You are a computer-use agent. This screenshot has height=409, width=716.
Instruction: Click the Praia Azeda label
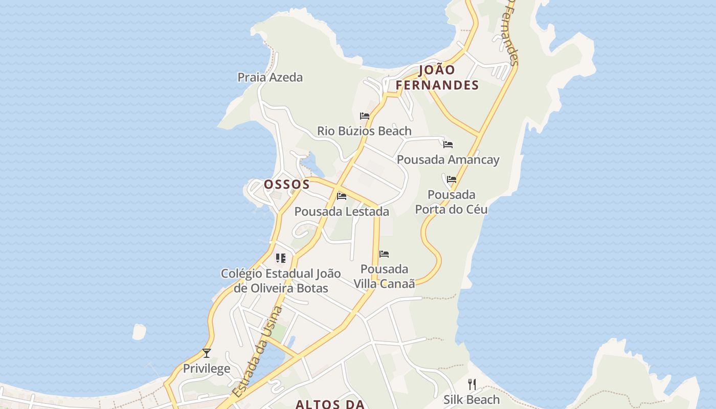tap(270, 77)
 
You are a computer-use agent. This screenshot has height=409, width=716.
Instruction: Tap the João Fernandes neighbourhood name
tap(437, 78)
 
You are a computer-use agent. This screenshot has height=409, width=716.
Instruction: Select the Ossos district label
tap(287, 184)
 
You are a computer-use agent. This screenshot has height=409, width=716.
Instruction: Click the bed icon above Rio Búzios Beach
tap(365, 116)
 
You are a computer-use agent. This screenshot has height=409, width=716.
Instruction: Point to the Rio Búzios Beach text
tap(364, 131)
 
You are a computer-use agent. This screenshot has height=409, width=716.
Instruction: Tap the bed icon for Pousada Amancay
tap(448, 145)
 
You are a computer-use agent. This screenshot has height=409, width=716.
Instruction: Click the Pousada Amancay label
tap(448, 160)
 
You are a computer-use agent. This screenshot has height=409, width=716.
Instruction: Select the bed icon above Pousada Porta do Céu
tap(452, 179)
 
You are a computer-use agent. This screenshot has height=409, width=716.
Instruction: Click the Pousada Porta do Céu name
tap(451, 202)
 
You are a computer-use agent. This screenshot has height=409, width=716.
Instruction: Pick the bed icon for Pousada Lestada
tap(342, 196)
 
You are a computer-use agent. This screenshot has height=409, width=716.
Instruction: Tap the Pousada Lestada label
tap(342, 211)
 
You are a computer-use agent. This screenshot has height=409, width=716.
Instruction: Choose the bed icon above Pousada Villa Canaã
tap(384, 254)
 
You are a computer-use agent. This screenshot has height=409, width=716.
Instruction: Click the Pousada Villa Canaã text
tap(384, 276)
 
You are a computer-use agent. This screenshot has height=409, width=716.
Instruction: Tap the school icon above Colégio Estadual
tap(281, 258)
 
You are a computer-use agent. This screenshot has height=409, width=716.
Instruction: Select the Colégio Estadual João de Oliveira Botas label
tap(281, 281)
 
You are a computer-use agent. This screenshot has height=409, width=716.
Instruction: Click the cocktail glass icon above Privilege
tap(207, 353)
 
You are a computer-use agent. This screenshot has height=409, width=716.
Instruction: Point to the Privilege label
tap(207, 369)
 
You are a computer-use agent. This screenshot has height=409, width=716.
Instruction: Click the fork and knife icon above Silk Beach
tap(472, 384)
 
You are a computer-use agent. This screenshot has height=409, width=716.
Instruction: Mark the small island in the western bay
tap(139, 332)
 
